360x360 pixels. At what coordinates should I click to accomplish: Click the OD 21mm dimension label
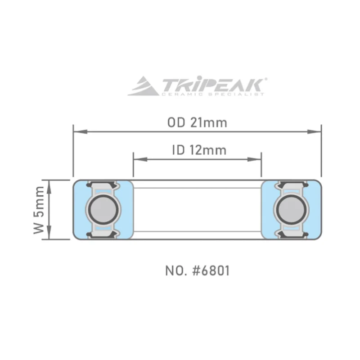197,122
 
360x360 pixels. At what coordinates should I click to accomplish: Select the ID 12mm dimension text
199,150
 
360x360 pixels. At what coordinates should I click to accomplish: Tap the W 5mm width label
39,210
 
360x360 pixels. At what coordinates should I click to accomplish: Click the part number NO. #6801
198,270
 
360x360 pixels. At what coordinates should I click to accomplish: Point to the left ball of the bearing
103,209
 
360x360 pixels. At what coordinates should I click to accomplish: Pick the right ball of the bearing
291,209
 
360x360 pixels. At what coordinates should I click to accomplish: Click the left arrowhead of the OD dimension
81,132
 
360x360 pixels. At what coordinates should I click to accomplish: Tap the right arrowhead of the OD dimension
314,132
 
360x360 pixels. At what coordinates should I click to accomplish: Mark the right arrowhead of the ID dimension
254,159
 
